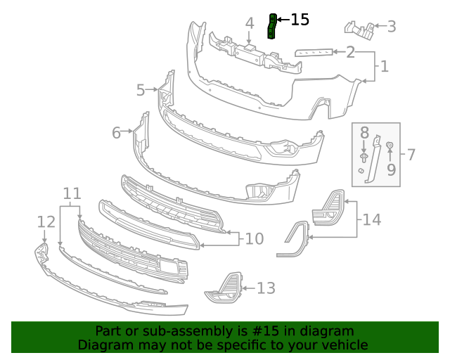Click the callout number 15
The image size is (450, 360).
(x=300, y=20)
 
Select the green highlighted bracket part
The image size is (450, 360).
(x=271, y=26)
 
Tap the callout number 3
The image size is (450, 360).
(x=392, y=27)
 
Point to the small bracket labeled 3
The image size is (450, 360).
(x=359, y=29)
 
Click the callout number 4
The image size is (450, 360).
(x=250, y=23)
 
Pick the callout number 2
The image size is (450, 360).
(x=350, y=51)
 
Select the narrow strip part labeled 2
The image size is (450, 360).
(x=314, y=52)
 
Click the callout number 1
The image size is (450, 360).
(x=385, y=67)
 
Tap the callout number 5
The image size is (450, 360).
(x=141, y=90)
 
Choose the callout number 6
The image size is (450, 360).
(x=117, y=131)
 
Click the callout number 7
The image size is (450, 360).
(x=411, y=154)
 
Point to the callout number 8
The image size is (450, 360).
(x=364, y=132)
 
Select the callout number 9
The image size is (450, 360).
(x=391, y=169)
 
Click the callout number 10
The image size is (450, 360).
(x=254, y=239)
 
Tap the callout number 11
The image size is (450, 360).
(x=72, y=193)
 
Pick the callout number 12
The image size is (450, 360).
(x=46, y=222)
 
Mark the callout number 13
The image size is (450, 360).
(x=266, y=288)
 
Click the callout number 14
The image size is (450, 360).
(x=372, y=219)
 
